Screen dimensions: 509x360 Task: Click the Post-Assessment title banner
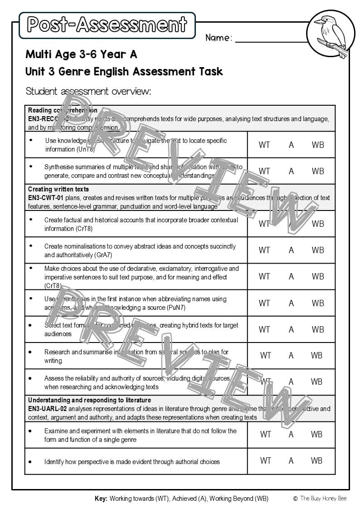click(x=107, y=25)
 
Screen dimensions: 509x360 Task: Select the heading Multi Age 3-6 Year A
click(x=81, y=54)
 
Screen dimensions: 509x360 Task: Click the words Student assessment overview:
click(x=88, y=91)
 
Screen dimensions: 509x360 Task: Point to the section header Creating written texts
click(x=58, y=189)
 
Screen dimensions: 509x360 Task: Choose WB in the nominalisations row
click(x=318, y=250)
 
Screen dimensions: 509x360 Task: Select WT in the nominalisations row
click(x=264, y=250)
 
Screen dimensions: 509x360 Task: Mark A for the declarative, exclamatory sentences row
click(x=291, y=276)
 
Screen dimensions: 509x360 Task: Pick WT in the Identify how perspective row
click(x=266, y=461)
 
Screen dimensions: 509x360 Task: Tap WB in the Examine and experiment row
click(x=317, y=434)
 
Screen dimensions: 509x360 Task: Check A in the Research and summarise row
click(x=291, y=356)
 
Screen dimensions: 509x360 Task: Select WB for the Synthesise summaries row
click(x=318, y=171)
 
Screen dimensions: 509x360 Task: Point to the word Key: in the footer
click(x=101, y=499)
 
